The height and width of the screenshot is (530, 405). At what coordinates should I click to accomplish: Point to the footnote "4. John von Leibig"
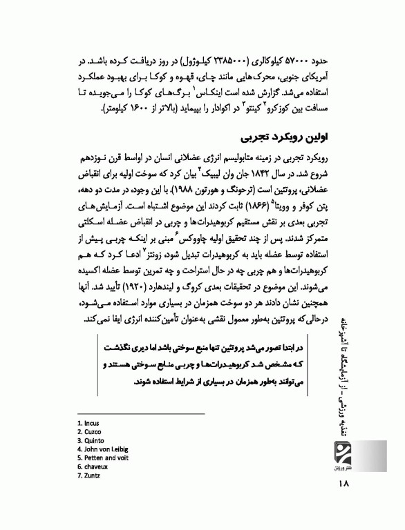click(x=103, y=449)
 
